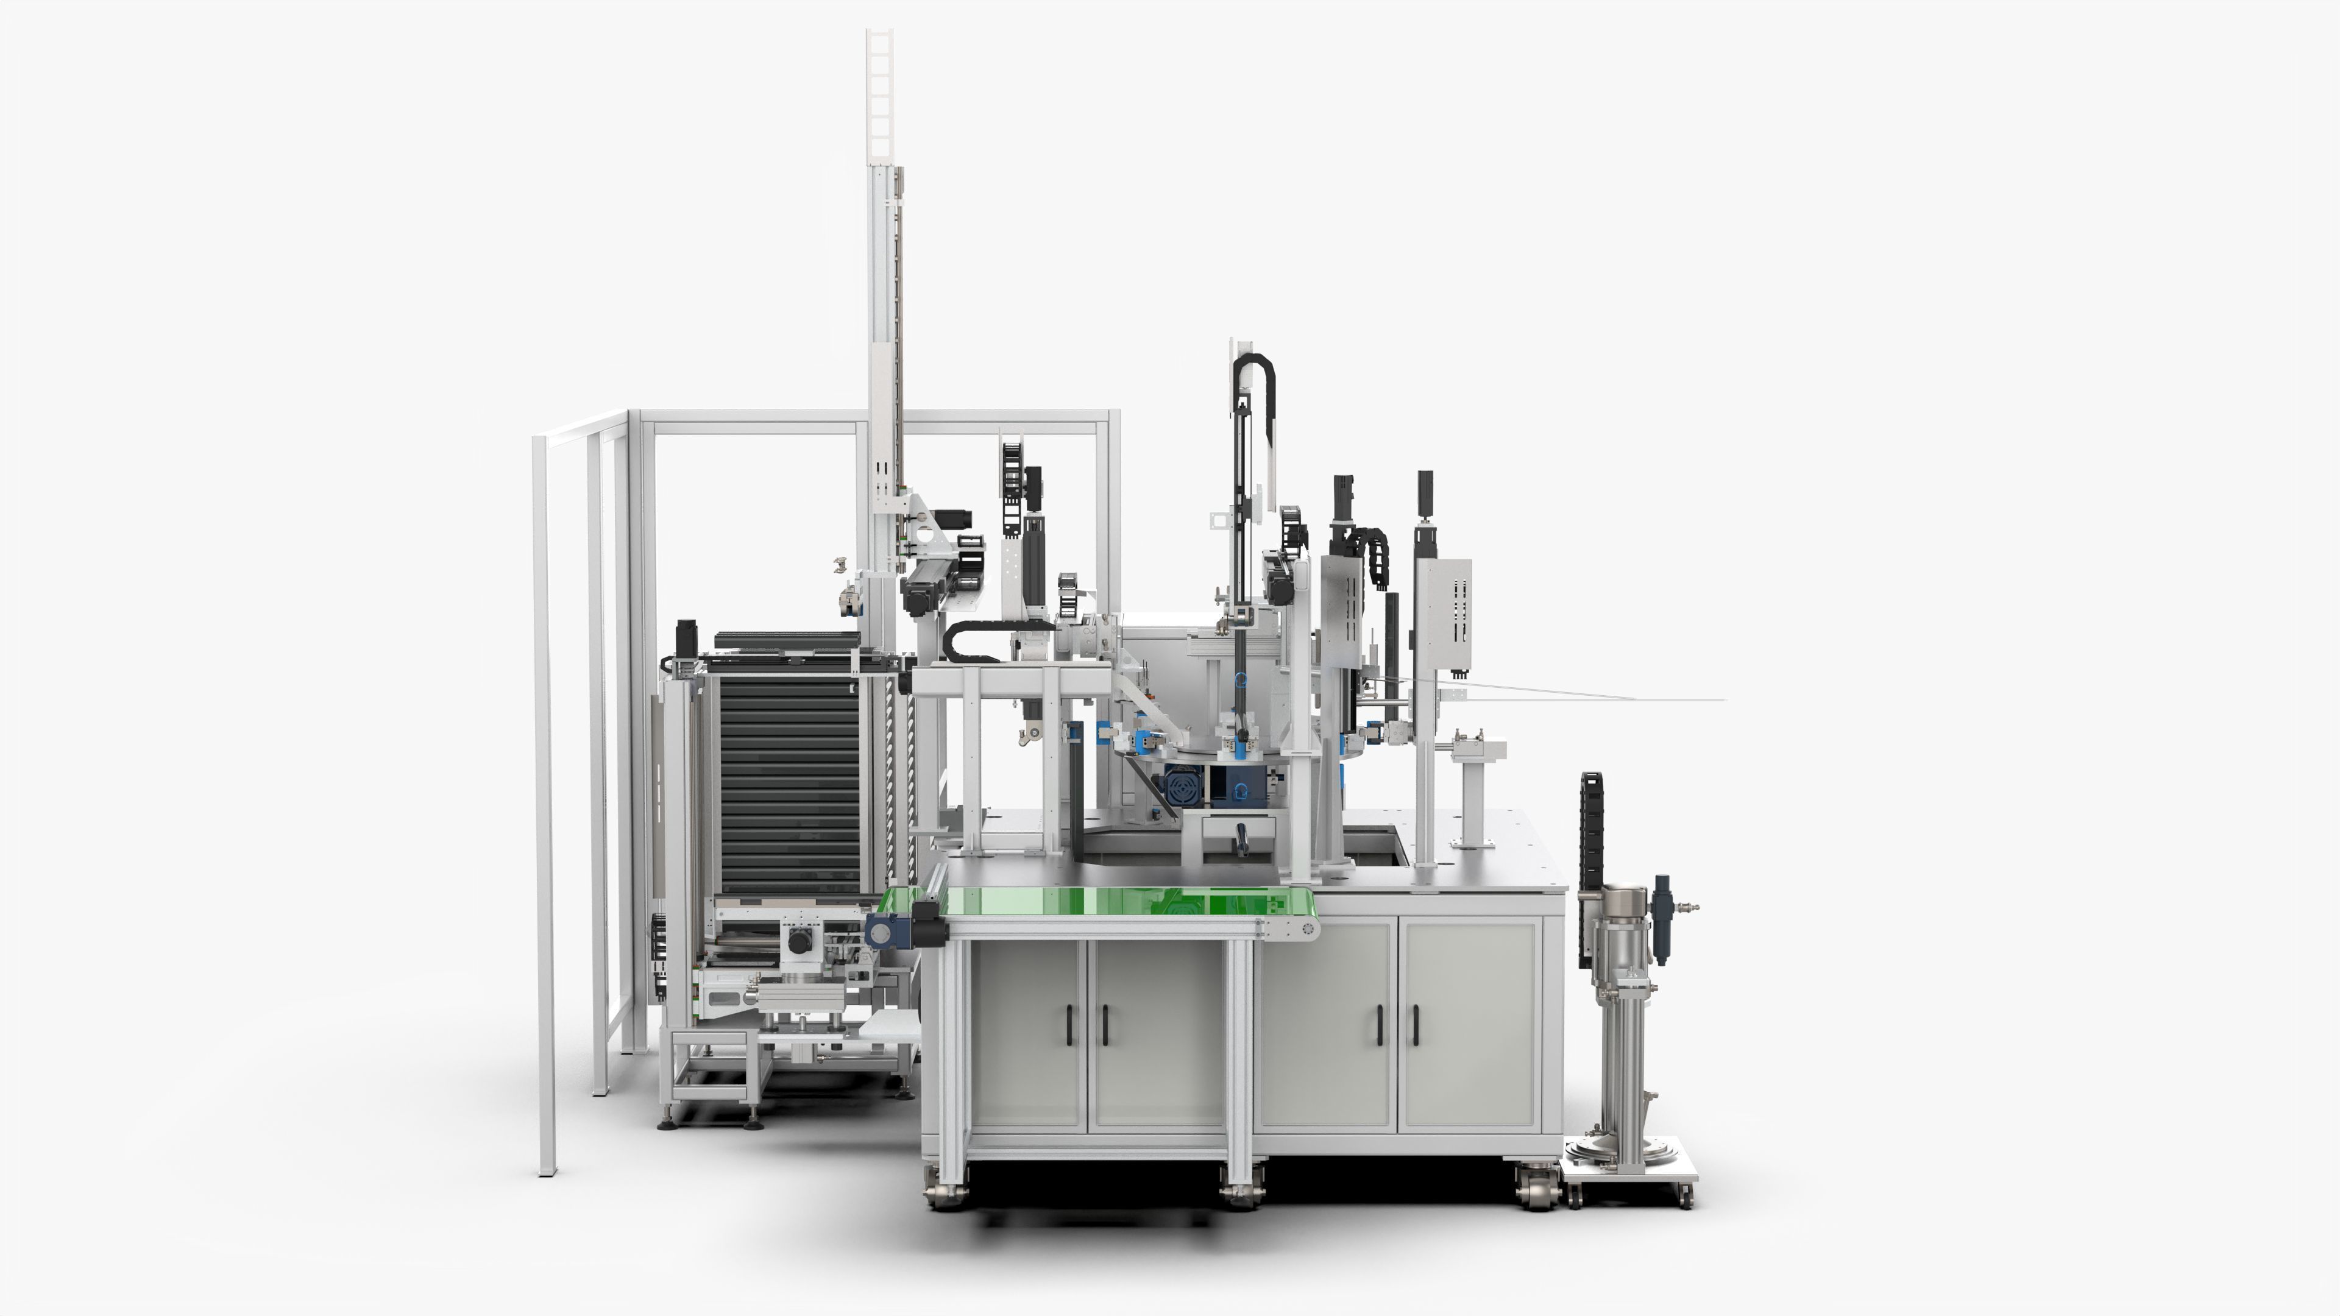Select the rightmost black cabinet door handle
pyautogui.click(x=1414, y=1026)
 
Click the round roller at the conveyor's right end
pyautogui.click(x=1308, y=928)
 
